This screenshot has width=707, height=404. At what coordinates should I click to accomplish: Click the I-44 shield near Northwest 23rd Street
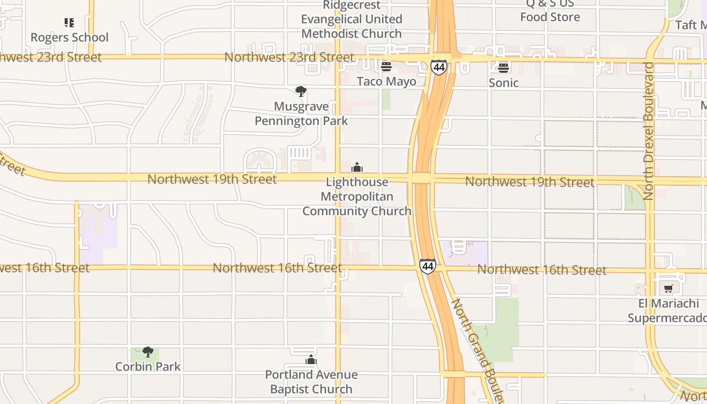[x=439, y=67]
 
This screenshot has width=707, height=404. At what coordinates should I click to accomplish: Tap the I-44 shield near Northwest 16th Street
[x=427, y=266]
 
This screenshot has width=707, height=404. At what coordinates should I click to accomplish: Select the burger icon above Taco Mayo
[x=386, y=67]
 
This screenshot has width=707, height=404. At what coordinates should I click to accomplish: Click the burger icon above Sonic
[x=503, y=68]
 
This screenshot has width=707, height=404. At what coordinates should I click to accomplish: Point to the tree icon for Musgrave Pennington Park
[x=301, y=91]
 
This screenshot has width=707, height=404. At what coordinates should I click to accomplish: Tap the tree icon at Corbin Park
[x=147, y=351]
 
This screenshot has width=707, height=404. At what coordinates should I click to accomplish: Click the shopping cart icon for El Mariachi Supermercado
[x=669, y=289]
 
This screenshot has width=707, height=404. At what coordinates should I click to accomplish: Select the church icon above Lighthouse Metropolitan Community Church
[x=357, y=167]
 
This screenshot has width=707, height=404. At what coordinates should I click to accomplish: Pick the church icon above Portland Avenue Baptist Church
[x=311, y=360]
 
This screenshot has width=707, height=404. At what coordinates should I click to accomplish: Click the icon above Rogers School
[x=69, y=23]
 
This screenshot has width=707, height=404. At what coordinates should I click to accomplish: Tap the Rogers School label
[x=69, y=37]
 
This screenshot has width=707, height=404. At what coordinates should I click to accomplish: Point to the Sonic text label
[x=503, y=82]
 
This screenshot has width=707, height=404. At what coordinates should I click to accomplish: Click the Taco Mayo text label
[x=386, y=81]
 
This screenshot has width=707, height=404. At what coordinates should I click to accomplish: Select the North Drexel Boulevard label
[x=648, y=131]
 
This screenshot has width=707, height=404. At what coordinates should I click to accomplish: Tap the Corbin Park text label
[x=147, y=366]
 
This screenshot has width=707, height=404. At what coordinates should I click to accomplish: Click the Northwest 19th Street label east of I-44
[x=529, y=182]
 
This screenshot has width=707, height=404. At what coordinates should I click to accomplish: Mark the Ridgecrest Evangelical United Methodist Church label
[x=351, y=19]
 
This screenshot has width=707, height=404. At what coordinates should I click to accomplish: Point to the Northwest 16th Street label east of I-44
[x=541, y=270]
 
